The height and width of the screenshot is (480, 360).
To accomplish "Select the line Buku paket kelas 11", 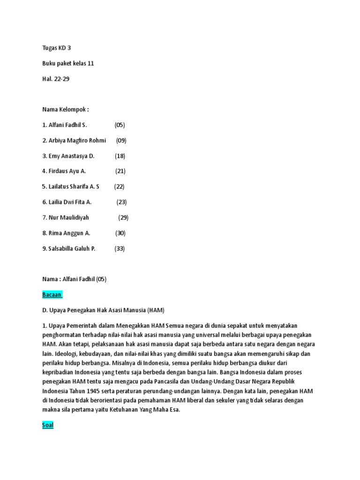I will click(x=68, y=63).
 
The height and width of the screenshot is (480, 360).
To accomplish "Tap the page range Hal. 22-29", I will click(x=56, y=79).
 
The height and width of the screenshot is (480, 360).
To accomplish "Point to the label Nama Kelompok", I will click(x=65, y=110).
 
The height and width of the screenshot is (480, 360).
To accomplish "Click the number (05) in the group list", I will click(x=120, y=125).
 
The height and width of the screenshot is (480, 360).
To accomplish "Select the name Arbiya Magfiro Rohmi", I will click(x=77, y=141).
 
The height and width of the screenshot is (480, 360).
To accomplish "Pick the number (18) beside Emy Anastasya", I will click(x=120, y=156).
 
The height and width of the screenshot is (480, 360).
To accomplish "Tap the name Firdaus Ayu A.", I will click(x=67, y=172).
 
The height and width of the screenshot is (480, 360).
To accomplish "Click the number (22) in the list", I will click(x=119, y=187).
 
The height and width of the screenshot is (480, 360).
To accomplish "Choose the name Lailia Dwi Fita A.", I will click(x=70, y=202).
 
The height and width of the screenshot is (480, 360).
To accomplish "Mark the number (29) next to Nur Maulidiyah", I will click(x=123, y=217).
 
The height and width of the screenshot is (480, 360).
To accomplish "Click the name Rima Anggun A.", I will click(x=69, y=233).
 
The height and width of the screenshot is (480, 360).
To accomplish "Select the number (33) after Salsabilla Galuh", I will click(x=120, y=248).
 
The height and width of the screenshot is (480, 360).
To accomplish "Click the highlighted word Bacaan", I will click(x=52, y=294).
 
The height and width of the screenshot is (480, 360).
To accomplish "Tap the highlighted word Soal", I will click(x=48, y=425).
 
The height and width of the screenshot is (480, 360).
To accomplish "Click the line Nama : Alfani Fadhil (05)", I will click(x=75, y=279).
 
